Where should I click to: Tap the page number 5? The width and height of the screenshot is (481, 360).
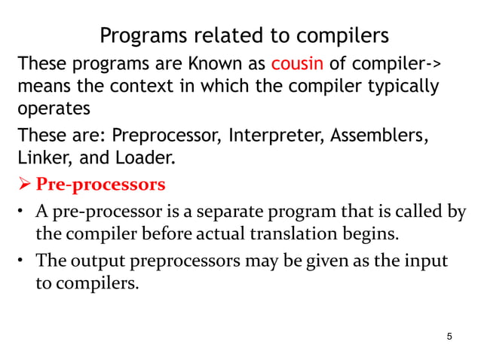tap(450, 336)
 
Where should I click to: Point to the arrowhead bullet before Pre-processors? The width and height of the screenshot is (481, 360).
tap(24, 185)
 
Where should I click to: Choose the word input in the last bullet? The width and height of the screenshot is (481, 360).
tap(427, 261)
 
